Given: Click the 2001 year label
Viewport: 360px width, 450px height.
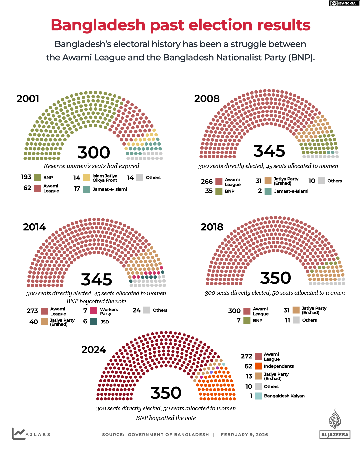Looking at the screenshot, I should click(28, 99).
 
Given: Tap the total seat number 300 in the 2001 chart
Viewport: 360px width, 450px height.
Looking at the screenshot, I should click(94, 153).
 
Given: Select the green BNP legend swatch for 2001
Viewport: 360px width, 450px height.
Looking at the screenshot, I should click(37, 178).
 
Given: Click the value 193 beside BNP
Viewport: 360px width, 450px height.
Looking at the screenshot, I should click(26, 177).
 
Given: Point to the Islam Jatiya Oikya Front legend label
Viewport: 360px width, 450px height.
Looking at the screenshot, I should click(105, 178).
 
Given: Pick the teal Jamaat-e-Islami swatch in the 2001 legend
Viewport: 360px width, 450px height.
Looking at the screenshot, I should click(86, 189).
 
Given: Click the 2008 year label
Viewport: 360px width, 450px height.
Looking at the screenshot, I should click(207, 99).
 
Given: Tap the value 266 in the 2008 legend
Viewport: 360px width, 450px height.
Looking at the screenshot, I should click(207, 181).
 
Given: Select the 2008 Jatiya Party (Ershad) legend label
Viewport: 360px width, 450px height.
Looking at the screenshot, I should click(286, 181).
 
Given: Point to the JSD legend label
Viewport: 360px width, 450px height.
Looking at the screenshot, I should click(105, 322).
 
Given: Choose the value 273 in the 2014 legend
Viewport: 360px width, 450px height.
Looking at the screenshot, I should click(32, 311).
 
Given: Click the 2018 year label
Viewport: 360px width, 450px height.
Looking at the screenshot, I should click(212, 227).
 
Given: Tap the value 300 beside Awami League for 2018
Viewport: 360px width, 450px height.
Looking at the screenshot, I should click(234, 311).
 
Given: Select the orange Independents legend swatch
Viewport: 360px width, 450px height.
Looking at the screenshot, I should click(258, 366).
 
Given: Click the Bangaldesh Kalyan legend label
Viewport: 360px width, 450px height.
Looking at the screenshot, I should click(284, 396).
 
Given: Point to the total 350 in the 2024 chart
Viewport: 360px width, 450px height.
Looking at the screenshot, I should click(166, 393).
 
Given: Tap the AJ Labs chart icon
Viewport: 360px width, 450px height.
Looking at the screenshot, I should click(18, 433).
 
